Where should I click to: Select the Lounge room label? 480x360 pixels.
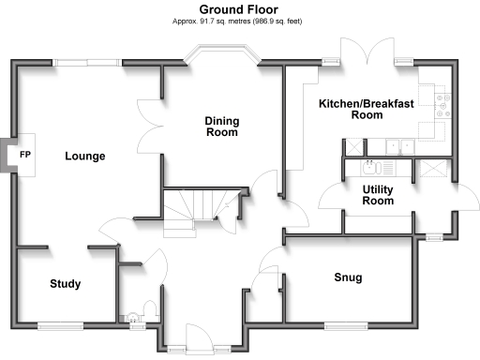[84, 157]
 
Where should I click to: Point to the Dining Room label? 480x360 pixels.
[221, 127]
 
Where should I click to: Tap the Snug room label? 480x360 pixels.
[348, 277]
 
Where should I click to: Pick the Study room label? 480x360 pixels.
[65, 284]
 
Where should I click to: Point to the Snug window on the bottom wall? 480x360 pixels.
[347, 325]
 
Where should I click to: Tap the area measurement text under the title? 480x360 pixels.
[241, 21]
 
